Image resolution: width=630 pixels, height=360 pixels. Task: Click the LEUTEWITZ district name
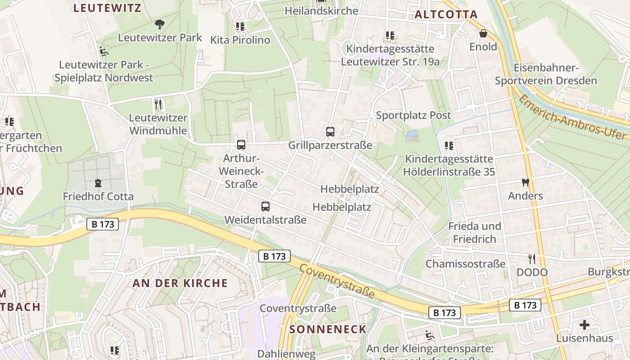point(107,8)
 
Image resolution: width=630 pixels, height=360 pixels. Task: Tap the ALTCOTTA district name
point(446,14)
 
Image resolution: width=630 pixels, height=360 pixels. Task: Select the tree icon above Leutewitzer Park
point(159,24)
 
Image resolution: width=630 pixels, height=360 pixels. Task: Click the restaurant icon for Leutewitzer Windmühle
point(158,105)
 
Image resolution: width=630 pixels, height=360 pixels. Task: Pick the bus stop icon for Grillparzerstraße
point(330,132)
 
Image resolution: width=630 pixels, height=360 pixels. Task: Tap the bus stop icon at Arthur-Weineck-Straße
point(241,145)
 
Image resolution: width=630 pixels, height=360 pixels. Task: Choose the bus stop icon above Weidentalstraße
point(265,207)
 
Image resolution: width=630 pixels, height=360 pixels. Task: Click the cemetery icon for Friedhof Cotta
point(98,183)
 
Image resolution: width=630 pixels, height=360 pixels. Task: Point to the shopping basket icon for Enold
point(483,33)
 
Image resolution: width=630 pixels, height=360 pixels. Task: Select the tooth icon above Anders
point(525,183)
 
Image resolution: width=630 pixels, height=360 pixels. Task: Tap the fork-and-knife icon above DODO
point(532,259)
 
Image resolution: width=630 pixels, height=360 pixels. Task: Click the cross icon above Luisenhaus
point(584,324)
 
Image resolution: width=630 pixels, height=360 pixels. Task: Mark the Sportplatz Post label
point(413,115)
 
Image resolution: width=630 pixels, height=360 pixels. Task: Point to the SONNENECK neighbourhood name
point(328,329)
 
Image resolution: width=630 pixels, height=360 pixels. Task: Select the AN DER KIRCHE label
point(180,283)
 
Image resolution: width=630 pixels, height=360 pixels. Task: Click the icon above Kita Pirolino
point(240,27)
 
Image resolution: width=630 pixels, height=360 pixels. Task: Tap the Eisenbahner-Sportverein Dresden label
point(546,74)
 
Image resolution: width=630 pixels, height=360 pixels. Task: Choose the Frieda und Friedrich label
point(474,232)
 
